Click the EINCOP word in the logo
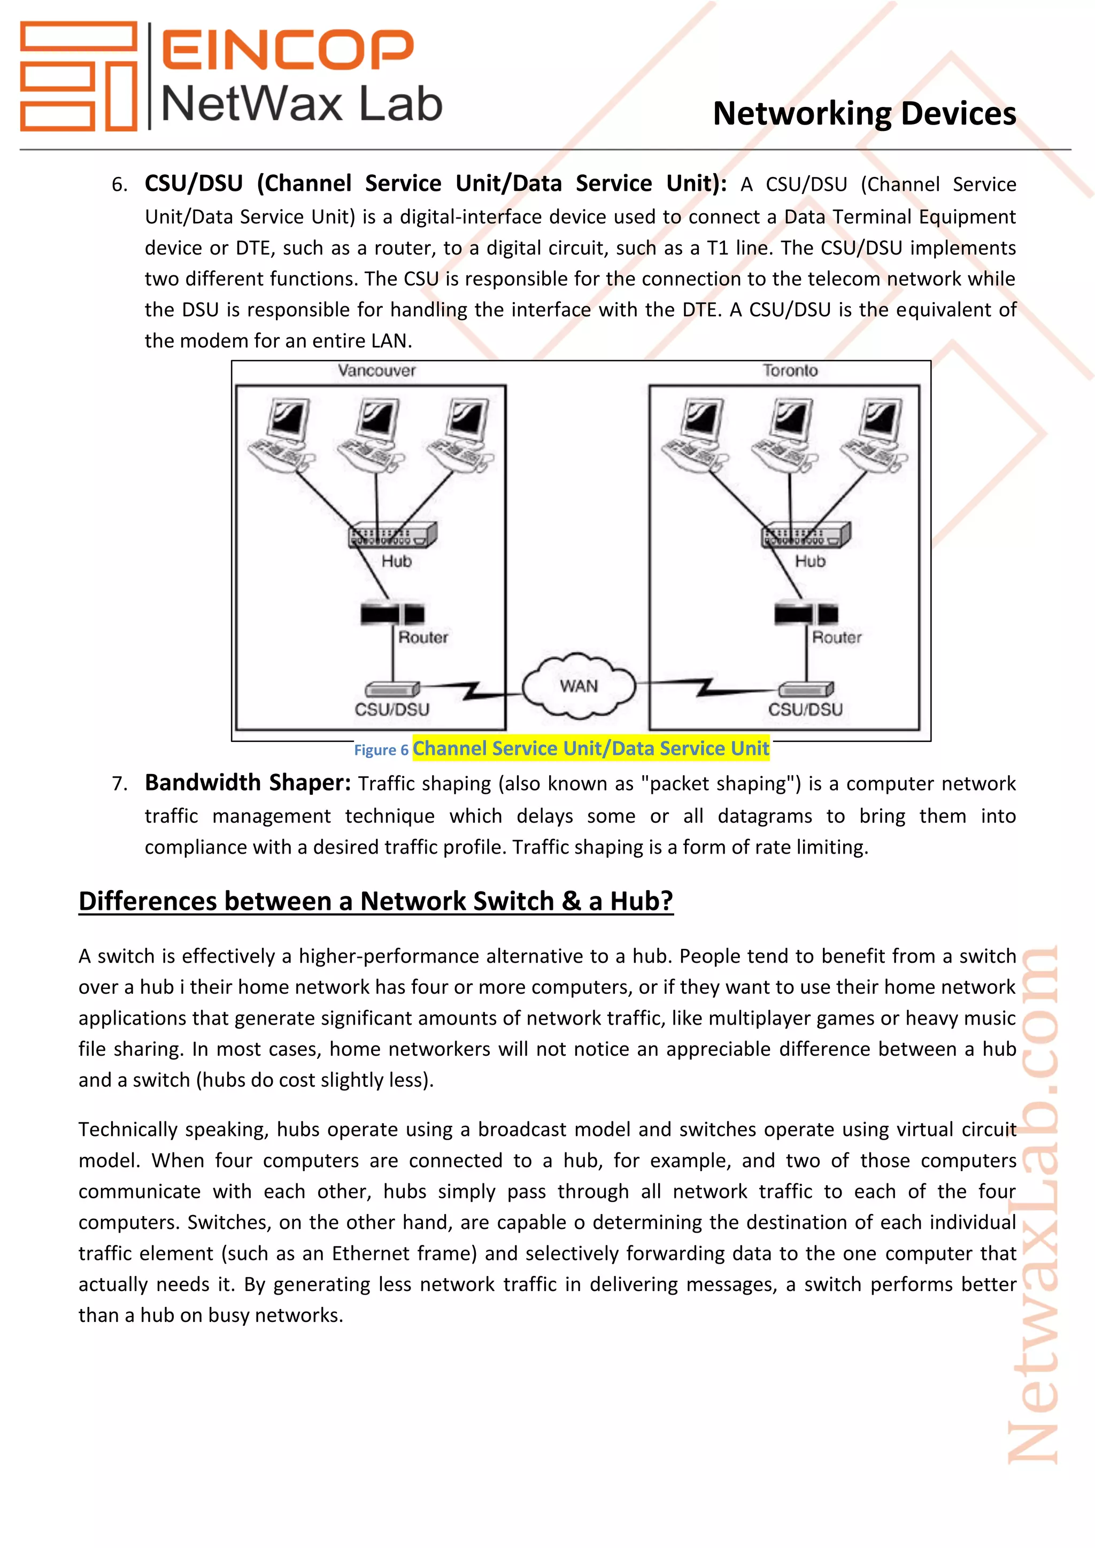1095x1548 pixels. click(287, 50)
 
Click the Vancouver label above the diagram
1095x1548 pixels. click(376, 370)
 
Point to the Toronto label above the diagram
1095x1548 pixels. click(790, 370)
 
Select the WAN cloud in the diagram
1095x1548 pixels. click(579, 686)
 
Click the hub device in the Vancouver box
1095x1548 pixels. click(392, 535)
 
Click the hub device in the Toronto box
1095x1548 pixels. click(806, 535)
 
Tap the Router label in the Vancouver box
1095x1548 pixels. click(423, 637)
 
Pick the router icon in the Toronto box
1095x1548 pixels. click(806, 614)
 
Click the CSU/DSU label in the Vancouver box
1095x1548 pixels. click(392, 709)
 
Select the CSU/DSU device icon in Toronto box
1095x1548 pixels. click(806, 689)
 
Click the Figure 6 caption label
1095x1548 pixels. click(381, 750)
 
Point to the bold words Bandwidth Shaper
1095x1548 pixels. click(248, 783)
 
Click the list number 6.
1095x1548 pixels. click(119, 185)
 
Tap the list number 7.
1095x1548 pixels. click(119, 784)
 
